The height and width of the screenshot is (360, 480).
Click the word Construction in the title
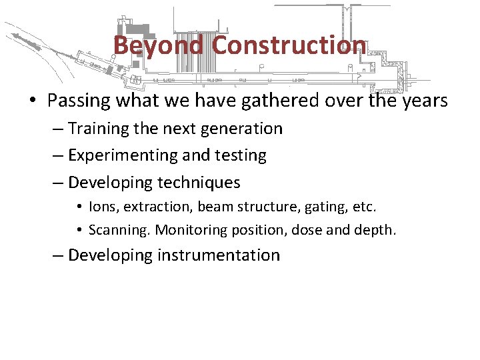(288, 45)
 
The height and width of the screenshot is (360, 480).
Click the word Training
(99, 128)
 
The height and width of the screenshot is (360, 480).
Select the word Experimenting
(123, 155)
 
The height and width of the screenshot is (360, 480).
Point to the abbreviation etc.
(364, 207)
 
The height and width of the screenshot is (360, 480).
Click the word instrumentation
(219, 255)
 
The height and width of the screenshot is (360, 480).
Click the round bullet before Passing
(33, 101)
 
